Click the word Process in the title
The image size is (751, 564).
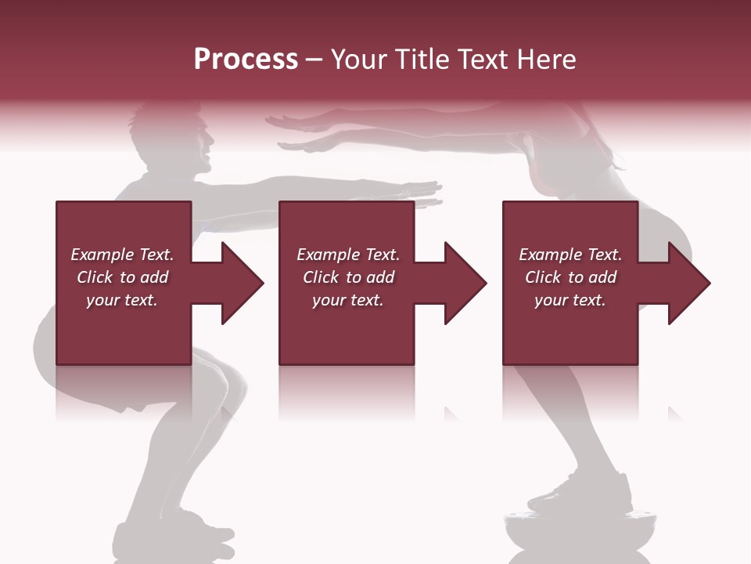coord(246,60)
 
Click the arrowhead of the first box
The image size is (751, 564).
coord(243,283)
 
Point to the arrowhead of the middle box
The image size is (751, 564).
coord(465,283)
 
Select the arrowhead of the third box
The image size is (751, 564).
coord(689,283)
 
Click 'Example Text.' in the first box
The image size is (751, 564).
coord(122,255)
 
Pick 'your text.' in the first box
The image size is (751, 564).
coord(122,300)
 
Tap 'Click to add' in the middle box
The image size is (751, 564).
coord(348,277)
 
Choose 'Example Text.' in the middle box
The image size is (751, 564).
coord(348,255)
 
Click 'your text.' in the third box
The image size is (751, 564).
coord(570,300)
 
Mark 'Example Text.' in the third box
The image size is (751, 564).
coord(570,255)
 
